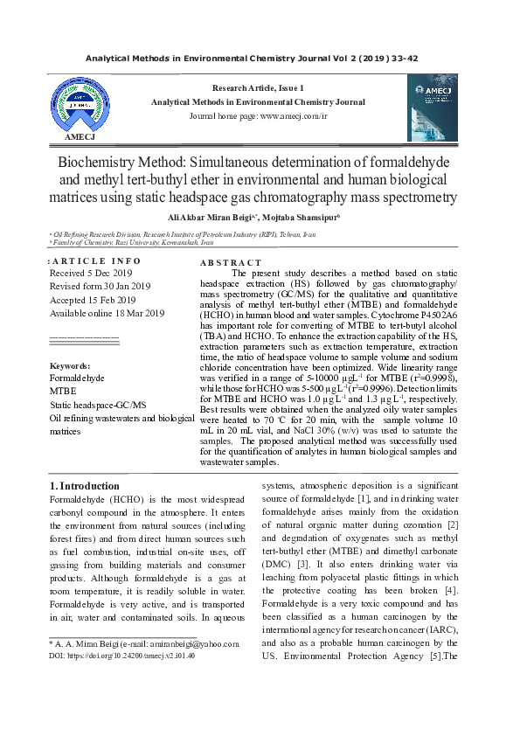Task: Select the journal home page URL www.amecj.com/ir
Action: click(293, 115)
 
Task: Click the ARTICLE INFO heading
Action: click(95, 261)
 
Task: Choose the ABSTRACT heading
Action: click(231, 262)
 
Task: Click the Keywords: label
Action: click(70, 365)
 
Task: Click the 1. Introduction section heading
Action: click(85, 486)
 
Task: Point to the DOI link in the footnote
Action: click(121, 655)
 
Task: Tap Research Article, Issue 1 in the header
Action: click(258, 88)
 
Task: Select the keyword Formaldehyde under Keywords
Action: click(77, 378)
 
